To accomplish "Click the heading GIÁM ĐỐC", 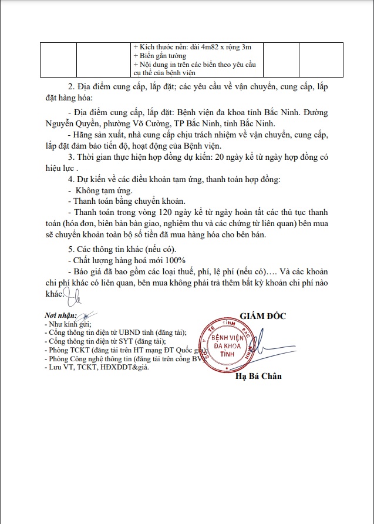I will [x=262, y=316].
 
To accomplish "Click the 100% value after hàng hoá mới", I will [x=174, y=259].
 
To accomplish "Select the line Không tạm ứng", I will [x=103, y=190].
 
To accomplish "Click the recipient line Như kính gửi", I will [x=65, y=324].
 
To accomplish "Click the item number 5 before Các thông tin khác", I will [x=70, y=248].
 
